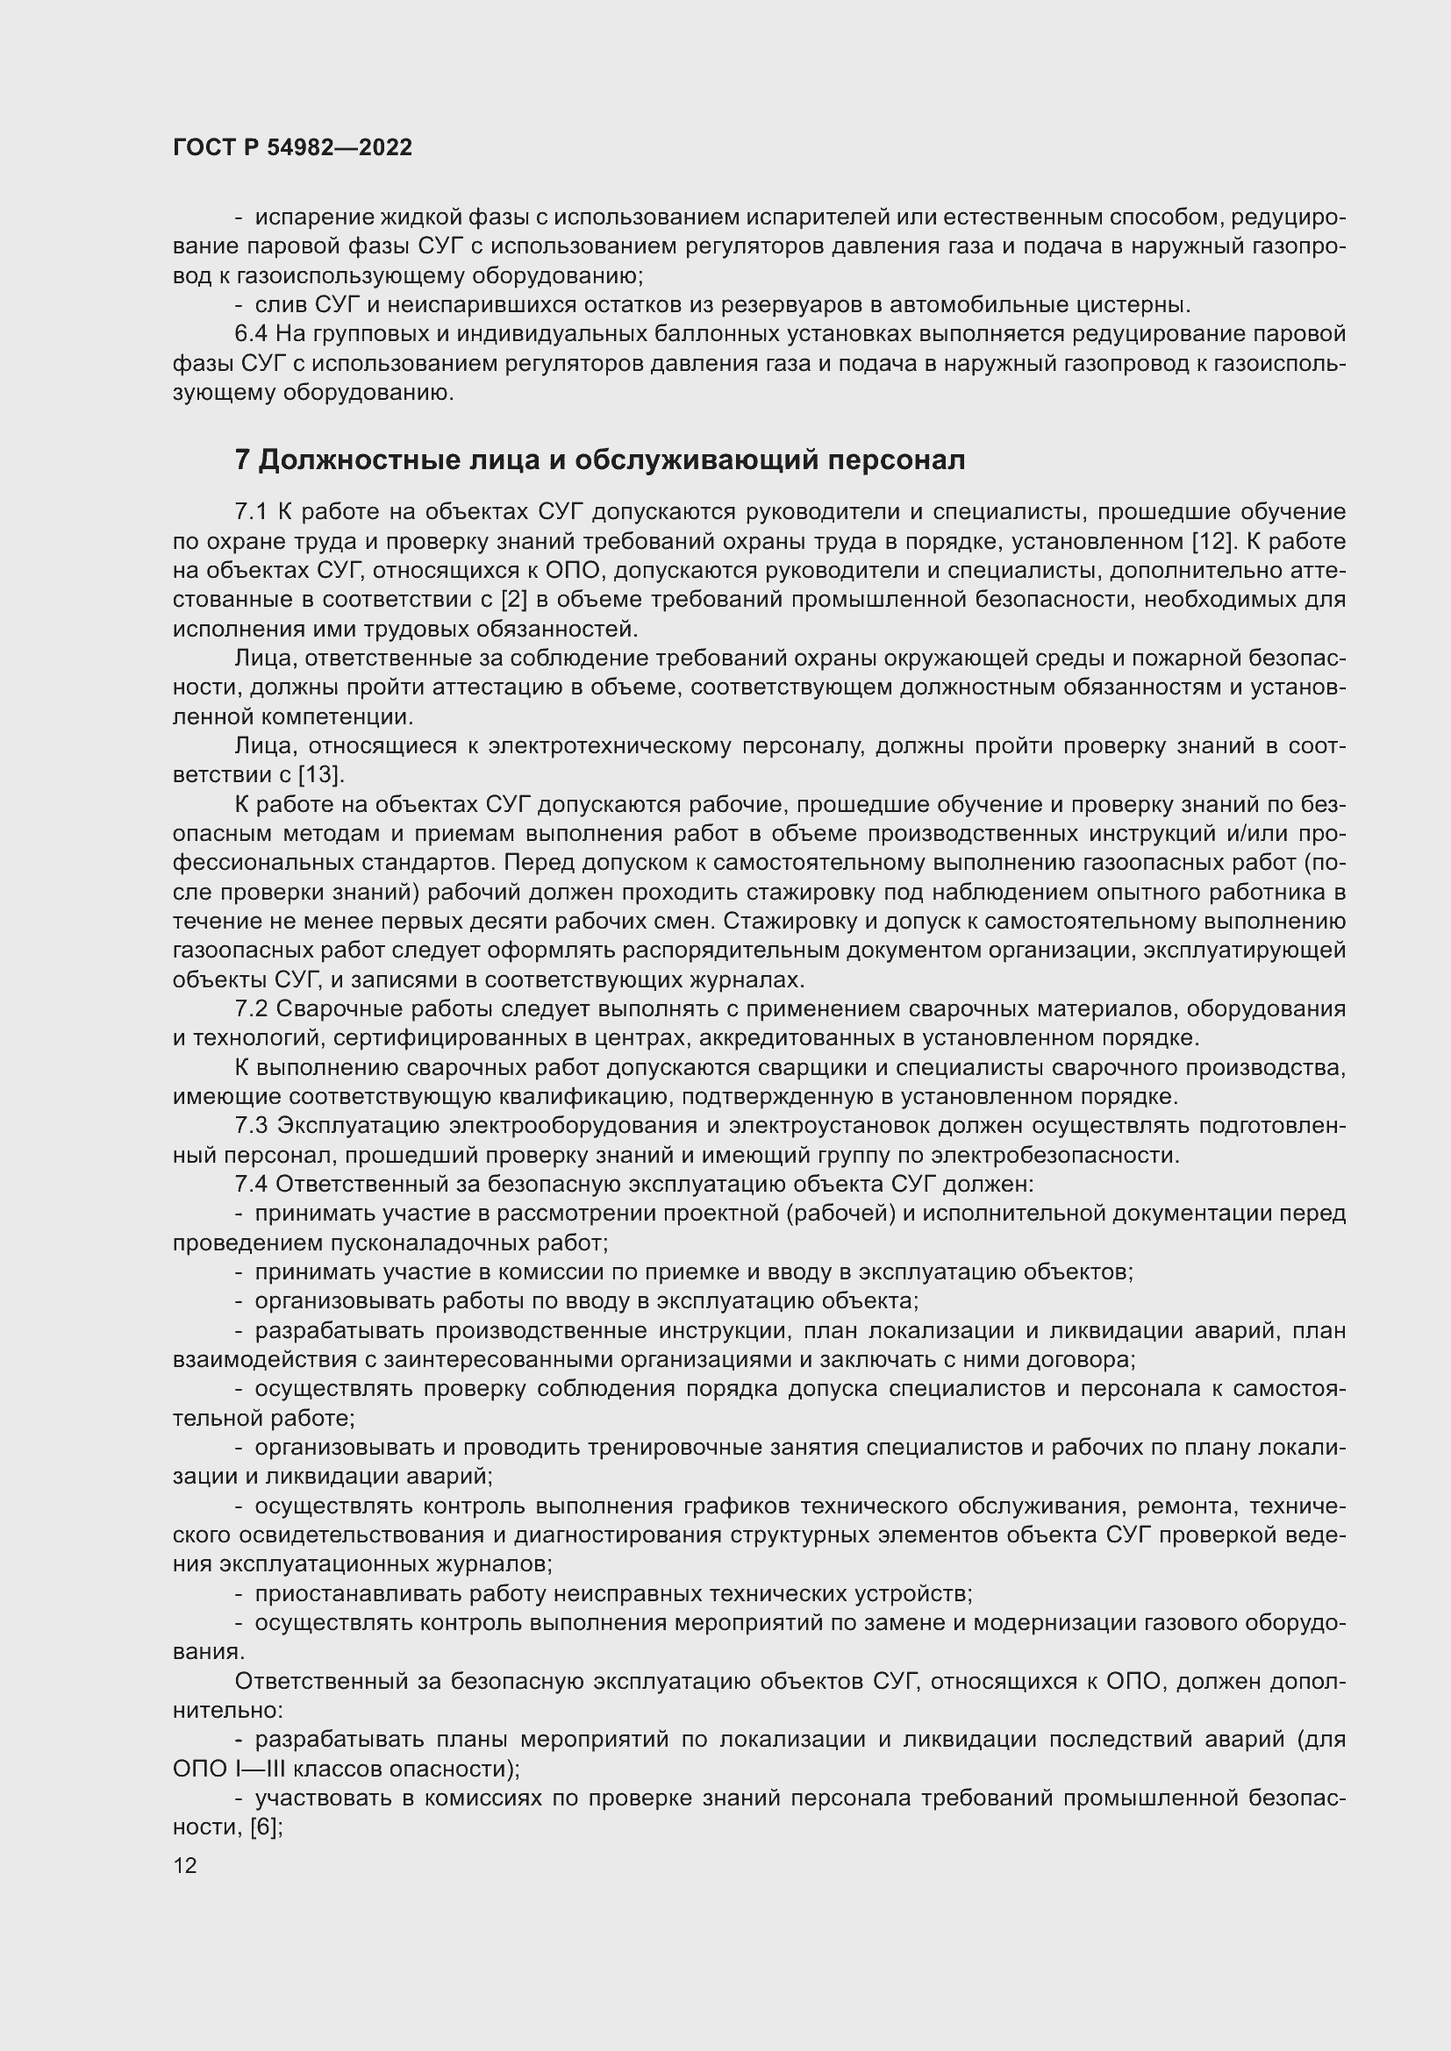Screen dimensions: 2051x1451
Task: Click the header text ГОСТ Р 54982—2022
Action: point(292,148)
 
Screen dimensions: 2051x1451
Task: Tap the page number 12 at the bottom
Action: point(185,1865)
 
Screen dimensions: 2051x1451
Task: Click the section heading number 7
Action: point(242,460)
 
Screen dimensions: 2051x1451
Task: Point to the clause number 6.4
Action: point(251,334)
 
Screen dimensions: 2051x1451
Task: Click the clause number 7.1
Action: point(251,512)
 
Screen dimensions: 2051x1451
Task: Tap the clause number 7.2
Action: point(251,1008)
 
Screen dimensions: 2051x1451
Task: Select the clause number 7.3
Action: point(251,1126)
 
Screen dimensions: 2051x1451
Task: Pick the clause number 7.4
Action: point(251,1185)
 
